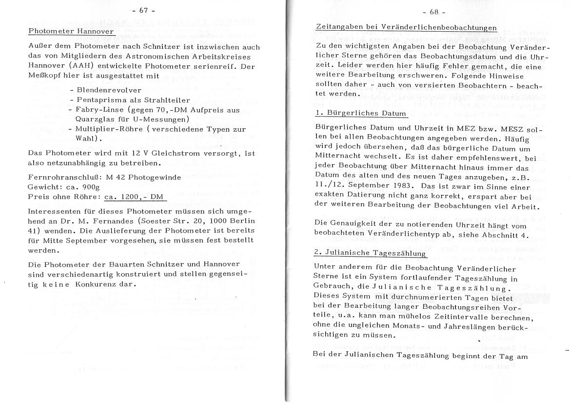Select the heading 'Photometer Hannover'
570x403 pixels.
click(71, 31)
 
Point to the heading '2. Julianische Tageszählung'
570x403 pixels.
click(370, 254)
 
